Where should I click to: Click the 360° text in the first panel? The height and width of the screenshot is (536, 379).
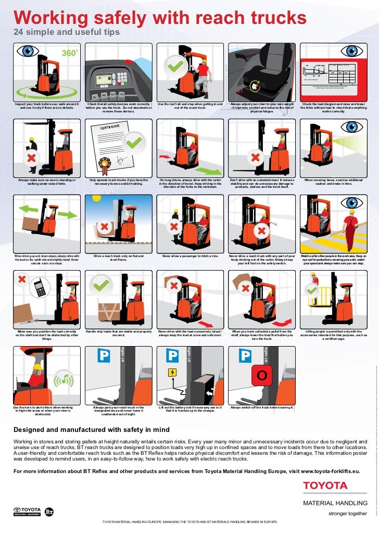point(70,53)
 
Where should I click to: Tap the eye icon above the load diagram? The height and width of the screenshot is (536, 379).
point(354,51)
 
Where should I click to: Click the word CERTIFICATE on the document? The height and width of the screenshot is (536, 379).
point(113,127)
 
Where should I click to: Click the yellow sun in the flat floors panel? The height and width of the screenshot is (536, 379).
point(95,198)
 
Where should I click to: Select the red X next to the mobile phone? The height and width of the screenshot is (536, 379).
point(22,279)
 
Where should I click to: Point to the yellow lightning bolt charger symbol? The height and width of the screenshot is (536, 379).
point(172,372)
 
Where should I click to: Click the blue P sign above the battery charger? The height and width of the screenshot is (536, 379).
point(172,356)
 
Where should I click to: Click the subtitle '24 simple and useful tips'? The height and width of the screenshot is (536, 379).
point(66,33)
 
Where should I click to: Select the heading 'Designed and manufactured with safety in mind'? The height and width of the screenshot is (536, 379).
point(91,429)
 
